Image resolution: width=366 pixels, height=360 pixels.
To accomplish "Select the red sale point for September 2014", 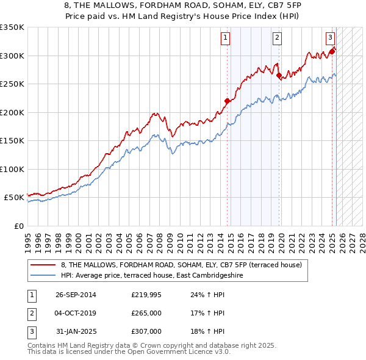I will (227, 101).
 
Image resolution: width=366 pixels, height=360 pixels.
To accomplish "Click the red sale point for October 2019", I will (279, 76).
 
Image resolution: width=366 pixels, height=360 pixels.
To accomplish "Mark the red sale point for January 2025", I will (332, 52).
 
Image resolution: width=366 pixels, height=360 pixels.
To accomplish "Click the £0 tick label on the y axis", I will (18, 226).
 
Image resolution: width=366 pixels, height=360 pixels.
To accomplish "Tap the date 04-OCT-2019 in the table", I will (76, 313).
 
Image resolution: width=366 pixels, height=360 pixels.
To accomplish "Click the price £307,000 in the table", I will (146, 331).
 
